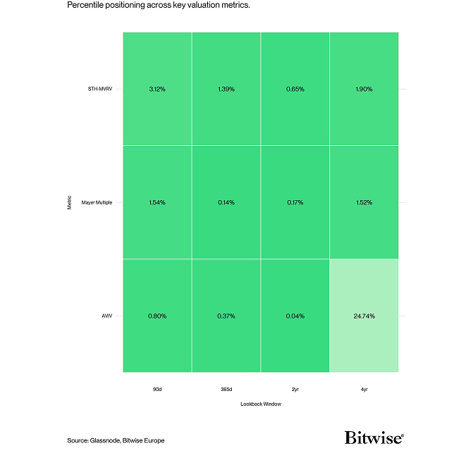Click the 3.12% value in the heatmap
point(157,89)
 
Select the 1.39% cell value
point(226,89)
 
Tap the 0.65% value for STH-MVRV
point(295,89)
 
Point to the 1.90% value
point(364,89)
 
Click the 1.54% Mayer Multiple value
point(157,202)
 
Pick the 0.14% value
point(226,202)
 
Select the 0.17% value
point(295,202)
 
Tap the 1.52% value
point(364,202)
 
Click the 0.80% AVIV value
point(157,316)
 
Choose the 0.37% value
point(226,316)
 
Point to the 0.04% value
point(295,316)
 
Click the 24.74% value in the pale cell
point(364,316)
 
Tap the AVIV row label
point(108,316)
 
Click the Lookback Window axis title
point(260,404)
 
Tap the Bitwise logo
point(374,438)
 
